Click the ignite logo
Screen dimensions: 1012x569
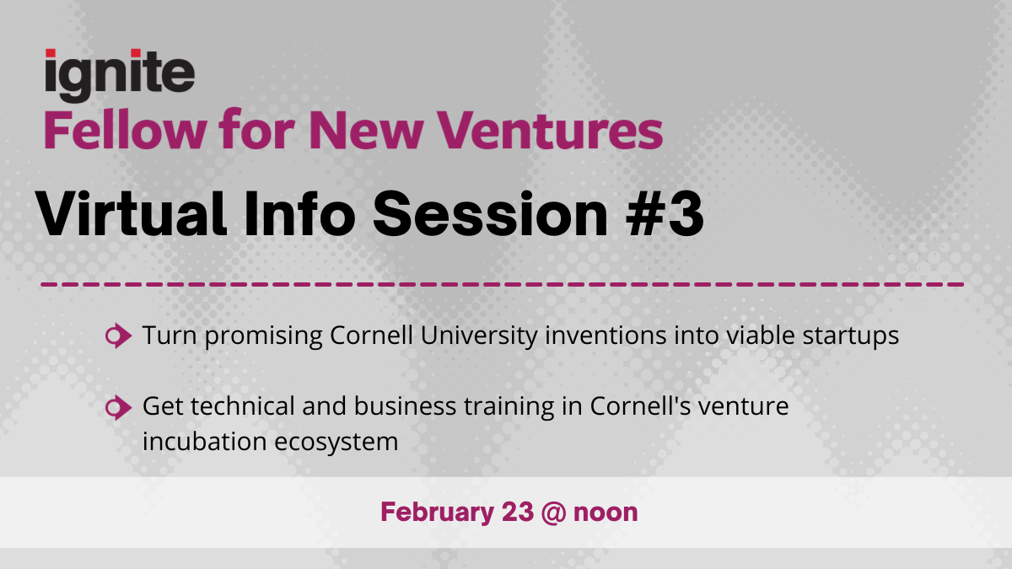pyautogui.click(x=120, y=75)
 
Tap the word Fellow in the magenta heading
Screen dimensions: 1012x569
pyautogui.click(x=125, y=131)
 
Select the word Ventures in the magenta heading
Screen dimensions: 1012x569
pyautogui.click(x=549, y=131)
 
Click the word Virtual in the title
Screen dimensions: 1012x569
pyautogui.click(x=131, y=213)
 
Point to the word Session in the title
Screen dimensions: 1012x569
pyautogui.click(x=490, y=214)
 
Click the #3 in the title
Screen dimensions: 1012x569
pyautogui.click(x=665, y=214)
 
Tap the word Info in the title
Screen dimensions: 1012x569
pyautogui.click(x=299, y=213)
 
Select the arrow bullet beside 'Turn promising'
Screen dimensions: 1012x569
pyautogui.click(x=118, y=336)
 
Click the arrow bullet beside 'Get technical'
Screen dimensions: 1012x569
pyautogui.click(x=118, y=408)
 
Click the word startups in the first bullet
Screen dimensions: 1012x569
pyautogui.click(x=851, y=336)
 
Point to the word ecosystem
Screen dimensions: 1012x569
pyautogui.click(x=336, y=443)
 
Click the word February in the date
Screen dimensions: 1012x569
pyautogui.click(x=438, y=513)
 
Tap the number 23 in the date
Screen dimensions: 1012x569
pyautogui.click(x=518, y=513)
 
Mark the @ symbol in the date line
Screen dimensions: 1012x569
pyautogui.click(x=553, y=513)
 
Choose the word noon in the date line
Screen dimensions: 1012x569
pyautogui.click(x=606, y=513)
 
